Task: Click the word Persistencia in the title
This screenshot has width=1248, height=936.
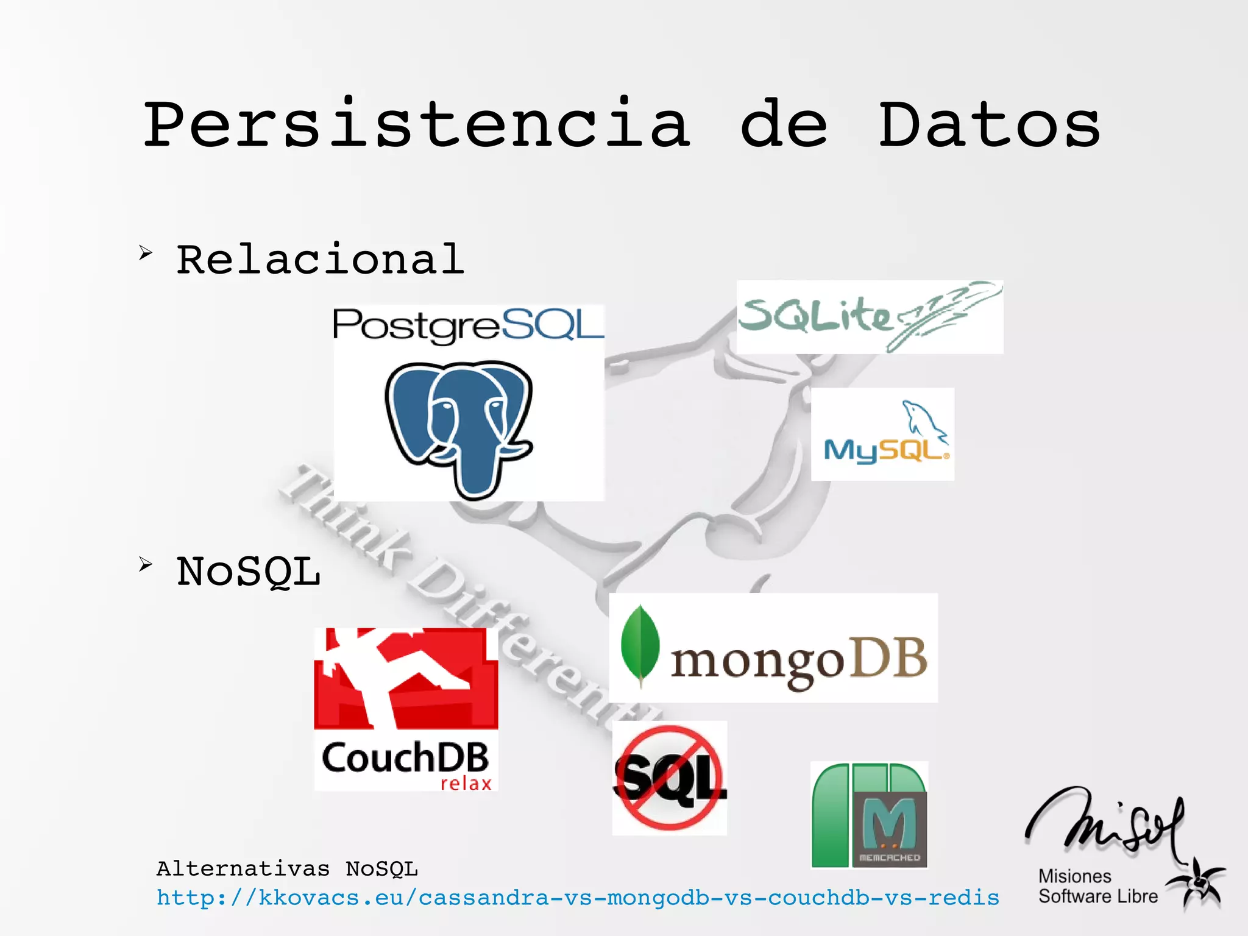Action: [417, 125]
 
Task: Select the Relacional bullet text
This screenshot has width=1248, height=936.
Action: [320, 260]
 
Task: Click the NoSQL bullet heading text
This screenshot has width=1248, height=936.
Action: [248, 572]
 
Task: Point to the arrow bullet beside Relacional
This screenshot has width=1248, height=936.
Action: [145, 252]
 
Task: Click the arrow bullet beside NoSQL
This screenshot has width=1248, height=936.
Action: [145, 564]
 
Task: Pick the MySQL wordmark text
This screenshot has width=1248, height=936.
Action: [885, 451]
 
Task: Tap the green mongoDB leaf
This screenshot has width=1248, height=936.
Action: [639, 645]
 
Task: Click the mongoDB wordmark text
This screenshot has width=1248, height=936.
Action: [798, 661]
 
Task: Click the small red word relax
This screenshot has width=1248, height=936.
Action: [466, 783]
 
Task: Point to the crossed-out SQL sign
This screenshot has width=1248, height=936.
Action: [669, 778]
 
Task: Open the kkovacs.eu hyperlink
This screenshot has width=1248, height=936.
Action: [578, 898]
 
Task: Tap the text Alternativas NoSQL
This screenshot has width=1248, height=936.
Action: [287, 868]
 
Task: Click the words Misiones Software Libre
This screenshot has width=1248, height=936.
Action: [1097, 886]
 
